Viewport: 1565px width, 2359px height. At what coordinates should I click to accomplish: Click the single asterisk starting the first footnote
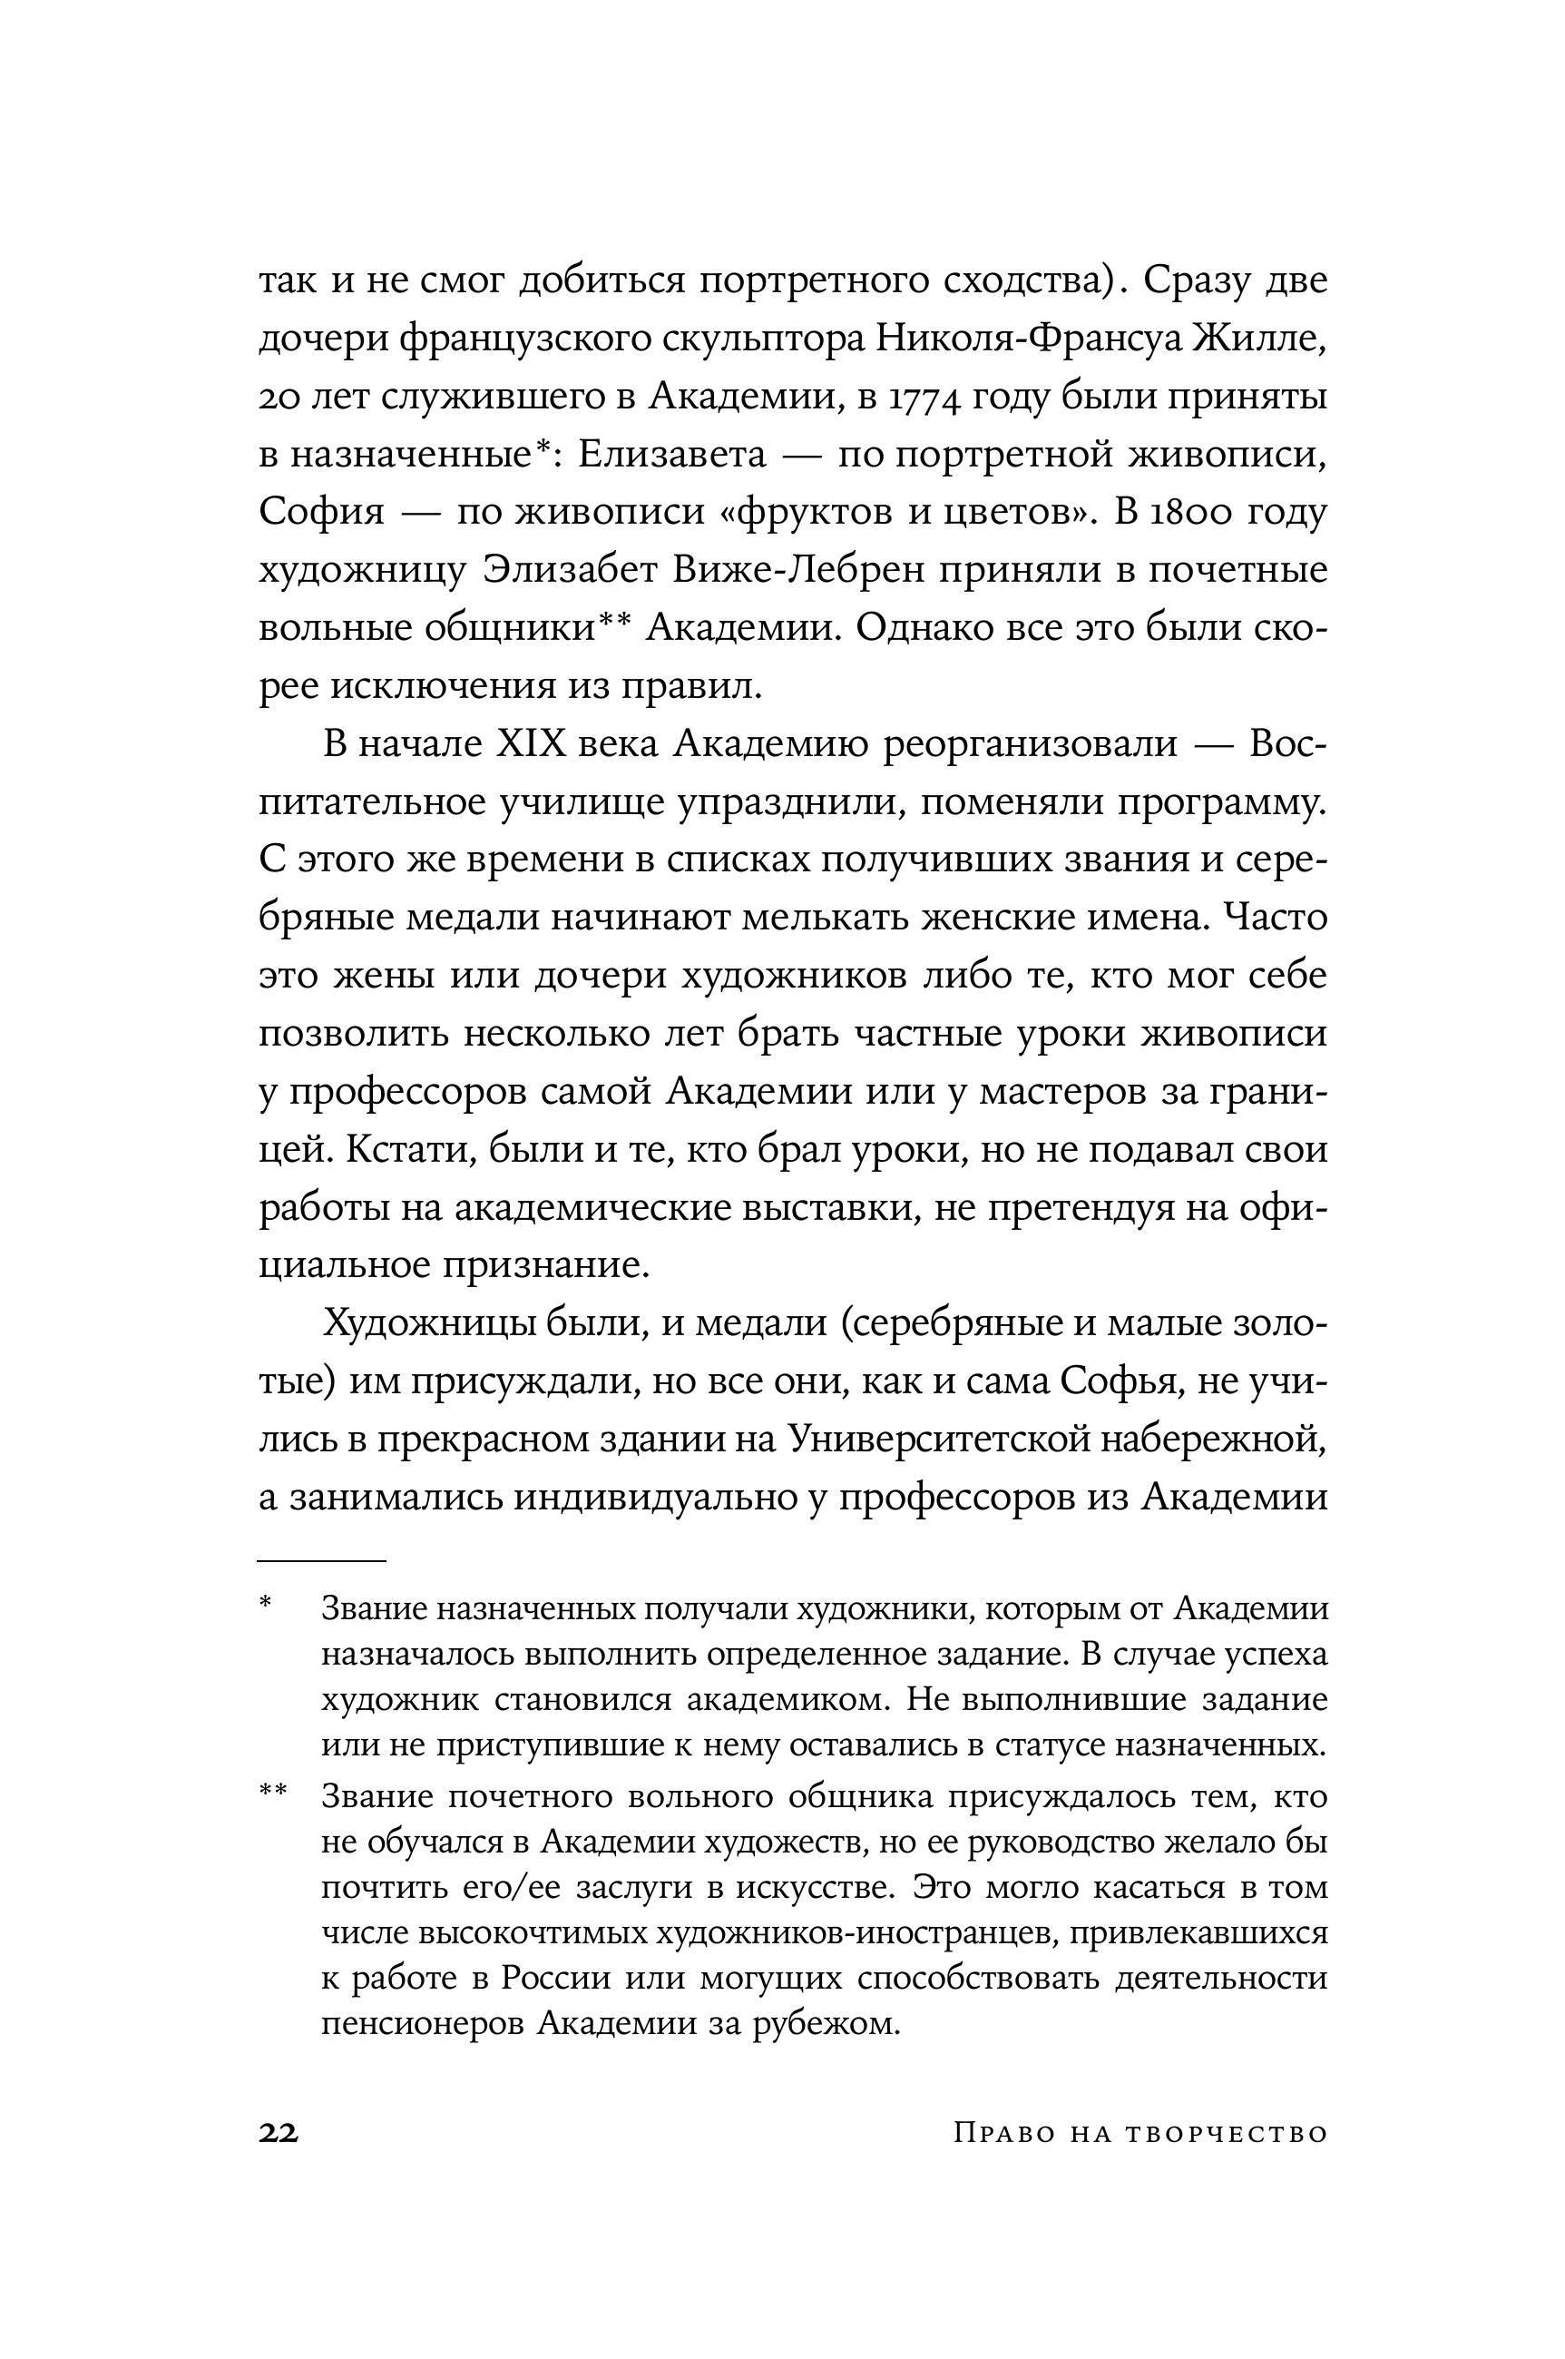(x=266, y=1606)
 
